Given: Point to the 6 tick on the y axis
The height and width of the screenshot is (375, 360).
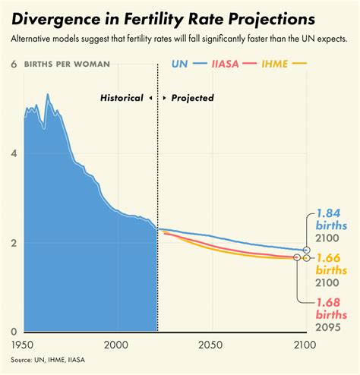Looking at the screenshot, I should click(x=13, y=65).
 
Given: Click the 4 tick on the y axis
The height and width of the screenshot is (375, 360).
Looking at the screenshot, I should click(x=13, y=154).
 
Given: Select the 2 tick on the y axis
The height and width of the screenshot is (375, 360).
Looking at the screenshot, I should click(x=13, y=243).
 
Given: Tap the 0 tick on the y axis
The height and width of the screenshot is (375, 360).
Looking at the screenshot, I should click(x=13, y=332).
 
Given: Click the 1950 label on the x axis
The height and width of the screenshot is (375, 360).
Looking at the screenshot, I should click(x=23, y=346).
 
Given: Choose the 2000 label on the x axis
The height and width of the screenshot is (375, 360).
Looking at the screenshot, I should click(x=117, y=346).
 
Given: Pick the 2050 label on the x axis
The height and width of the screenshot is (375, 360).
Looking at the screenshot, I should click(x=210, y=346).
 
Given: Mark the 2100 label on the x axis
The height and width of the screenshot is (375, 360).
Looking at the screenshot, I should click(x=304, y=346).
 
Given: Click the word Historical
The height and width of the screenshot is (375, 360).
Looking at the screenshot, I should click(x=122, y=98).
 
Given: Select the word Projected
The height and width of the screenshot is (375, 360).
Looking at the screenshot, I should click(x=192, y=98).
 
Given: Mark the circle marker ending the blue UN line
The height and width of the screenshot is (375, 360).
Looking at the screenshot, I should click(x=307, y=250).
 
